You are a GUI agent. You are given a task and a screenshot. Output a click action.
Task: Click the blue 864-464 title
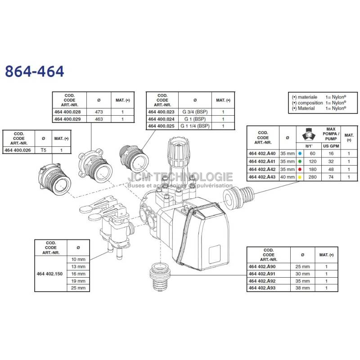click(x=35, y=71)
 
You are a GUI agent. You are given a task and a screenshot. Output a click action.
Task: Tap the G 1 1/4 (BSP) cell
click(x=195, y=126)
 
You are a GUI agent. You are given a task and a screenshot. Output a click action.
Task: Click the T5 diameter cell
click(x=43, y=150)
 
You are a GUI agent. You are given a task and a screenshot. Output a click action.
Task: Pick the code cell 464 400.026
click(x=18, y=150)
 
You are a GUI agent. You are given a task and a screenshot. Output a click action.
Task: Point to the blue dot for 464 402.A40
click(x=300, y=153)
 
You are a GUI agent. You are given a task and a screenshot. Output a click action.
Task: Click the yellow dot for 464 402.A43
click(x=300, y=177)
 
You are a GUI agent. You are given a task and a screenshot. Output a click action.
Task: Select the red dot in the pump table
click(x=300, y=170)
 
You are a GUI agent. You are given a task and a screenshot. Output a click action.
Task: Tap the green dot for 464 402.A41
click(x=300, y=162)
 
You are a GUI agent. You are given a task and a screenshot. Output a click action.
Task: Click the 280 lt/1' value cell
click(x=312, y=177)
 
